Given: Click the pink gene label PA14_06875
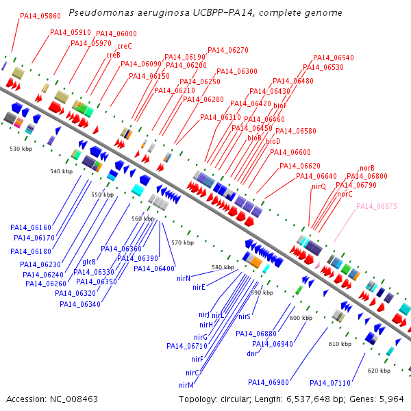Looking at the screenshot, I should [376, 206].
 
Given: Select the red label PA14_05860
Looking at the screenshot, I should [40, 15].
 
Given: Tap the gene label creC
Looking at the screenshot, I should [125, 46].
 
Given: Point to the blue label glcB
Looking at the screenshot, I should [89, 262].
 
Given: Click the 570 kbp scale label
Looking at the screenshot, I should [182, 242].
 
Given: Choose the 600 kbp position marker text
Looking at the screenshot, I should [301, 318].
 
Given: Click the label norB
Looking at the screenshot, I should [367, 168].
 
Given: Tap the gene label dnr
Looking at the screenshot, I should [252, 353].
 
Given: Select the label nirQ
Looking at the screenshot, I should [319, 186].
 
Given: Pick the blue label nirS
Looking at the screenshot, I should [245, 317].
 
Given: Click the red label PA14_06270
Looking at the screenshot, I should [227, 50].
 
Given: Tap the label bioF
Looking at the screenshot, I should [279, 105].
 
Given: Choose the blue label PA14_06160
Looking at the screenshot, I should [30, 227].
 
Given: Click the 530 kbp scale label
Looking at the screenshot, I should [21, 148].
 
